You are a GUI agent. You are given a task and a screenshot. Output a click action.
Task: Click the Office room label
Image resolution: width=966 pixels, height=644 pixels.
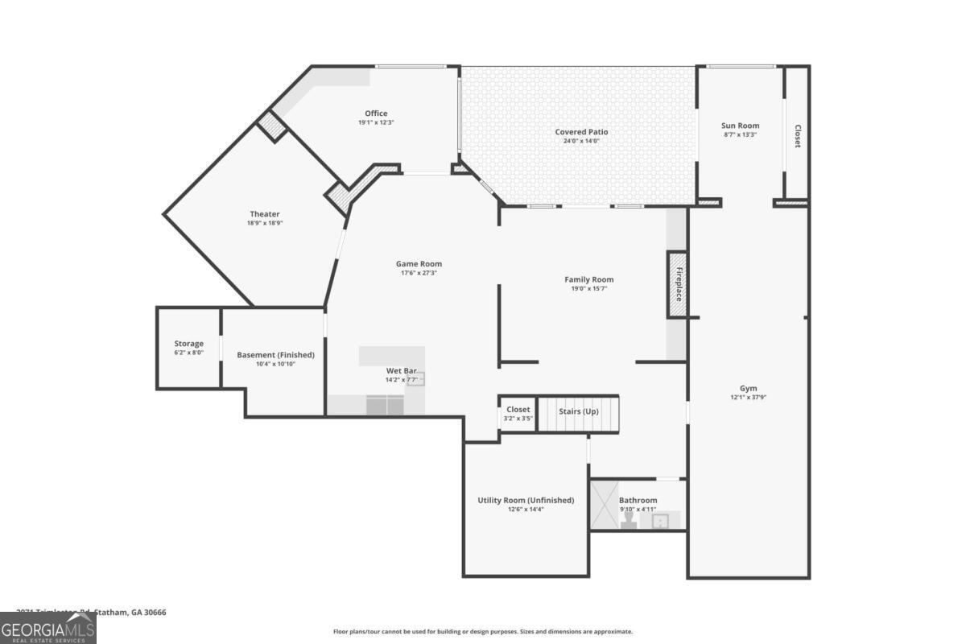click(x=375, y=114)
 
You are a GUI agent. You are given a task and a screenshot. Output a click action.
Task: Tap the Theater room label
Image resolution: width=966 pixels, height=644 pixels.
click(x=264, y=214)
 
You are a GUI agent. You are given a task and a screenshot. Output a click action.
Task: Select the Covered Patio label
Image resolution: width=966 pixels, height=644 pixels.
click(x=581, y=132)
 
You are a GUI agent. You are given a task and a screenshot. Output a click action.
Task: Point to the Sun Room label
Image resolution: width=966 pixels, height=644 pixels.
click(x=740, y=126)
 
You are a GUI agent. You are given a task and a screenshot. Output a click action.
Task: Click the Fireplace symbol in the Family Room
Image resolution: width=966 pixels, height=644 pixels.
click(x=677, y=283)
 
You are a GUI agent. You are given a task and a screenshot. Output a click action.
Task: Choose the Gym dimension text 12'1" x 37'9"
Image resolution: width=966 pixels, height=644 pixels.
click(x=748, y=398)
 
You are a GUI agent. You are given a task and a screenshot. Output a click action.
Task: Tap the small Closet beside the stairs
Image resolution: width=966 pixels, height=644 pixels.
click(x=518, y=414)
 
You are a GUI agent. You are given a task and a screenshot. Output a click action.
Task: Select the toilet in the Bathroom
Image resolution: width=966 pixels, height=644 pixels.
click(x=629, y=522)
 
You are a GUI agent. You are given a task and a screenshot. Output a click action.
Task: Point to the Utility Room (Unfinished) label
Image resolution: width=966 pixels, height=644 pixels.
click(x=526, y=500)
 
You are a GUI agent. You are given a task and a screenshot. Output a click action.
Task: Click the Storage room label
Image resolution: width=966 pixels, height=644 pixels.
click(x=189, y=344)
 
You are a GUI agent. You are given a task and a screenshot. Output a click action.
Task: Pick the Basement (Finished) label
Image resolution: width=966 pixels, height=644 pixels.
click(x=275, y=355)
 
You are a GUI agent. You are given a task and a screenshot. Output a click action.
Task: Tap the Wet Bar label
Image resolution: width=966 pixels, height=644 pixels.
click(x=401, y=370)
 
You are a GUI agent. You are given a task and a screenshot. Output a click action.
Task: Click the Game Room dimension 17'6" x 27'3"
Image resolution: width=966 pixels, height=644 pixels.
click(x=419, y=273)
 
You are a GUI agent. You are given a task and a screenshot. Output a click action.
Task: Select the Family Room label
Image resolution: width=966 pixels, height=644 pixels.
click(x=588, y=279)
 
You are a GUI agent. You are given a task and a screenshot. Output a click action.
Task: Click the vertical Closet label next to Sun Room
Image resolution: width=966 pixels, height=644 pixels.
click(x=798, y=136)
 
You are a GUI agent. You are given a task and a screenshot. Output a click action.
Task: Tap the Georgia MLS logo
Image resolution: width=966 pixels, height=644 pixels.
click(x=47, y=628)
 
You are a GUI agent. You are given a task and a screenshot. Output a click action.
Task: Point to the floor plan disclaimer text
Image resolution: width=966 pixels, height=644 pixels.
click(x=483, y=632)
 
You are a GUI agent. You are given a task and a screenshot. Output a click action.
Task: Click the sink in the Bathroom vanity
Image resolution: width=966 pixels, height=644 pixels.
click(x=661, y=522)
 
